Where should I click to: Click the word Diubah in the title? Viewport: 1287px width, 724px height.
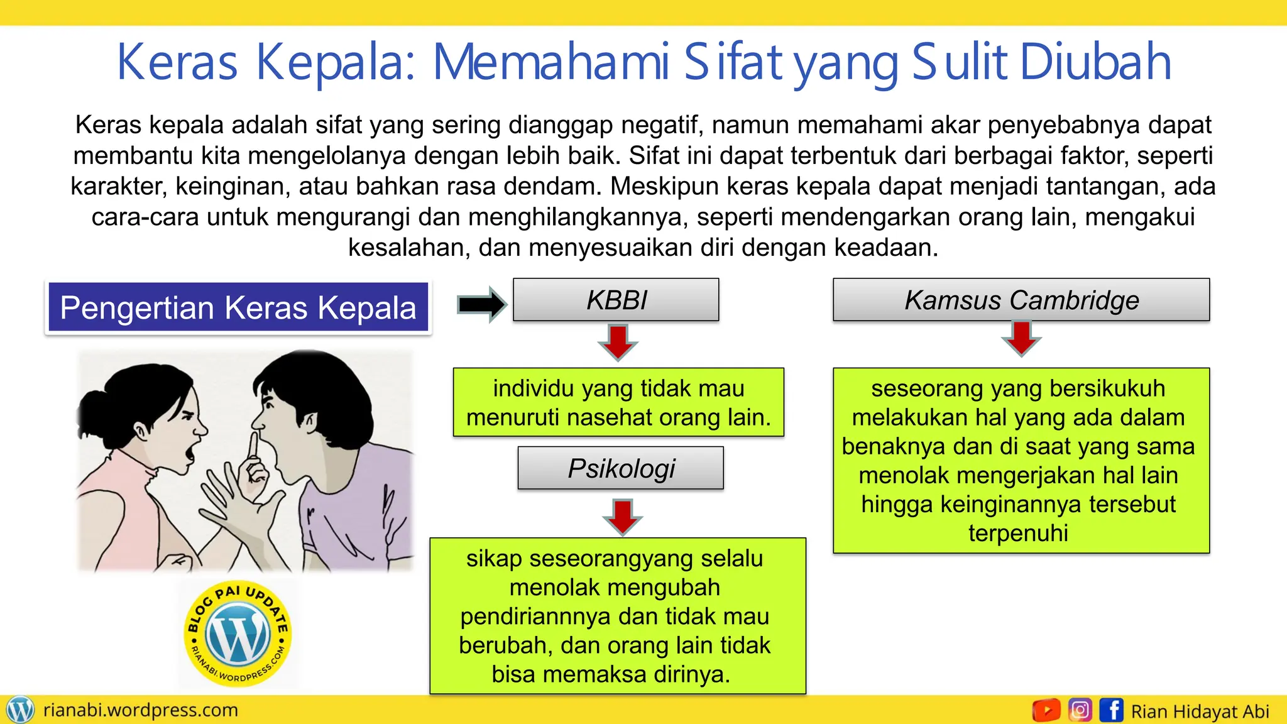(1096, 62)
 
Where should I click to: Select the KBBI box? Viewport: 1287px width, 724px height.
(616, 300)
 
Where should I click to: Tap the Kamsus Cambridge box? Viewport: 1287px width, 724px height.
(1021, 300)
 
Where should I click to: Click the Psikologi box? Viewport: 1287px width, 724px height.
(621, 468)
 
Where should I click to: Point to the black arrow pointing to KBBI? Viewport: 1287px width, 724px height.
(481, 304)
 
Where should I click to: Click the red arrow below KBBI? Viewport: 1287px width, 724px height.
(618, 342)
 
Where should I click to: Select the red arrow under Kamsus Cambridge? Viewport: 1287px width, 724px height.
(1021, 338)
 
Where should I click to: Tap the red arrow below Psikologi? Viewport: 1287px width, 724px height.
(622, 516)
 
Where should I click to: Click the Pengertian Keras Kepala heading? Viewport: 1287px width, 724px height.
(238, 308)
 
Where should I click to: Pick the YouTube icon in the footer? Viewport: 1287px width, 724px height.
(1046, 710)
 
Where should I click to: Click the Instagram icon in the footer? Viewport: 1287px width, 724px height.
(1080, 710)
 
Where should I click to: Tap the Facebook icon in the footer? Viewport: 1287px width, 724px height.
(1112, 710)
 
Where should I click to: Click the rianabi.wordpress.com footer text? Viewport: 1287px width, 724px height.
(141, 710)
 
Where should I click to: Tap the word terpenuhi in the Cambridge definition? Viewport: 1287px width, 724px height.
(1018, 533)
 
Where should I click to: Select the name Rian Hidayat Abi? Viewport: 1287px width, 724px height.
(1200, 711)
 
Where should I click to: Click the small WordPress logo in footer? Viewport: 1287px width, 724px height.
(19, 710)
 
